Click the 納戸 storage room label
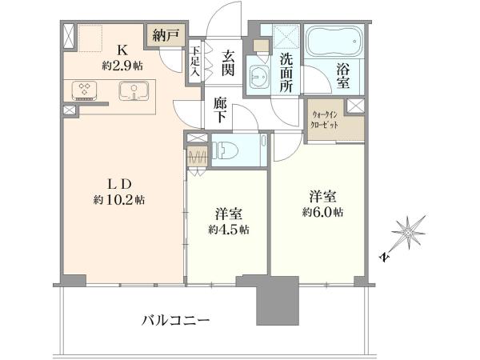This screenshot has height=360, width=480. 164,36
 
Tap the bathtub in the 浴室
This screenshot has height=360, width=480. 334,41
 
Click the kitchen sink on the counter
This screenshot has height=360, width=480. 134,90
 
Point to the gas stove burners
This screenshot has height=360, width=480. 84,90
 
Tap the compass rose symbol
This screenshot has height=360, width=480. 408,232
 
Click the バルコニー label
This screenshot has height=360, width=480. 175,321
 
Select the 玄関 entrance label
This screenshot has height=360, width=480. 228,63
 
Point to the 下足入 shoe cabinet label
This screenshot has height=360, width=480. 195,62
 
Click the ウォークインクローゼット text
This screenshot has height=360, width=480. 325,120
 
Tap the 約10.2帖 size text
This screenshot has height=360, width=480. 119,200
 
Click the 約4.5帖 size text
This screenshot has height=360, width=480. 229,230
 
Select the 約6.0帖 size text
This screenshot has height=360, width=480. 322,212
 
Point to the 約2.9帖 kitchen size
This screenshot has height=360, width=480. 122,66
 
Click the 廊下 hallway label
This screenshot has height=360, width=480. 220,110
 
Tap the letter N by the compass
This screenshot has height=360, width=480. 384,257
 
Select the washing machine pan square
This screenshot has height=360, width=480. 286,37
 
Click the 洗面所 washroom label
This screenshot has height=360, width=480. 286,74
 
